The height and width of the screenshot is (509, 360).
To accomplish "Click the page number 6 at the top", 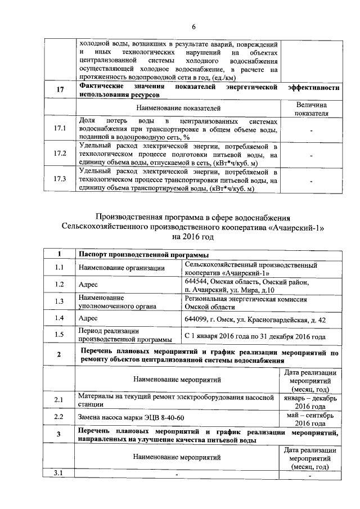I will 193,26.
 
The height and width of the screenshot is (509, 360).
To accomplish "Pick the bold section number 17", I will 60,89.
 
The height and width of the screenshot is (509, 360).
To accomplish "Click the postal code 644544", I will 197,280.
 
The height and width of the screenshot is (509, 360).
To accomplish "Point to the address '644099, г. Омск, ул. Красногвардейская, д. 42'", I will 254,320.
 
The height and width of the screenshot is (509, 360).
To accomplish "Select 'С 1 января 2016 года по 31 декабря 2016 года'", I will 255,336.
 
